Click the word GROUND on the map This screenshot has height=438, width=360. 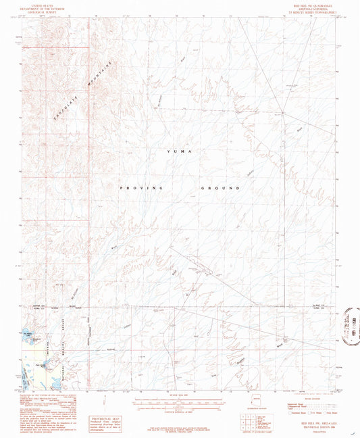(221, 187)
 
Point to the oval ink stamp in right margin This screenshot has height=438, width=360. (350, 326)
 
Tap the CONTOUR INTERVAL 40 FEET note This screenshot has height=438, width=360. (180, 410)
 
